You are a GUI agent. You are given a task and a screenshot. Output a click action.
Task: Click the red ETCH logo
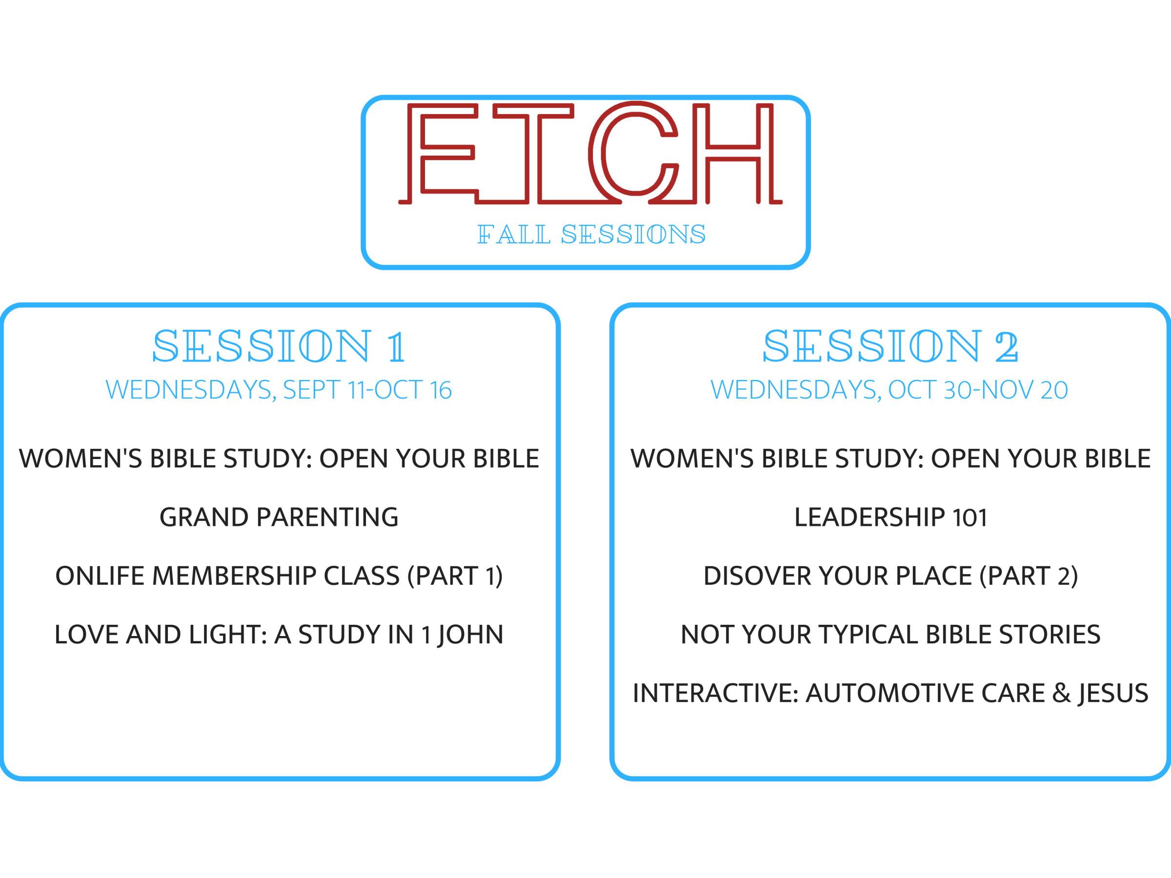590,154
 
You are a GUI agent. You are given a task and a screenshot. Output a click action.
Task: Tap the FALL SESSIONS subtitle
591,235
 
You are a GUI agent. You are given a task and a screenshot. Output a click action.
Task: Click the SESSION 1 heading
280,346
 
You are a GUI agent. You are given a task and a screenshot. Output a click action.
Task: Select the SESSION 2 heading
890,346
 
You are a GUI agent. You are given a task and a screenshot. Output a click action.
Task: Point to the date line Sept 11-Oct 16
279,390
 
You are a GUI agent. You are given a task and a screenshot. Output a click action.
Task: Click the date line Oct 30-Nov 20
889,390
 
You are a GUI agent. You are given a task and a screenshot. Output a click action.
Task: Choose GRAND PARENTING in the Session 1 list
279,517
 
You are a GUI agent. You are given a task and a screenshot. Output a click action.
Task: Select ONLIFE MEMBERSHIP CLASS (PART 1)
279,576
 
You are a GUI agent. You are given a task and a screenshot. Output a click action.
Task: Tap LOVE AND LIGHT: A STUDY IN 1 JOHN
279,635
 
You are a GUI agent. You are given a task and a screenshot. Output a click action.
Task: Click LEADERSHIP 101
890,517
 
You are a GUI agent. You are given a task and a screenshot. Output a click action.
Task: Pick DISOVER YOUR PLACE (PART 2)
890,576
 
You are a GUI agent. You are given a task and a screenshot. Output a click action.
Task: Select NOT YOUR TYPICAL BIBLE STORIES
890,635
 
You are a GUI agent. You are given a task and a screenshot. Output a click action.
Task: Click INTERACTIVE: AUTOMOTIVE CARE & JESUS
890,693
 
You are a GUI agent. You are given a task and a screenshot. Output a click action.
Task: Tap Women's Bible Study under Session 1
279,459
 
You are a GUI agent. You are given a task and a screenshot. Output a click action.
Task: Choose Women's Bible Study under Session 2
890,459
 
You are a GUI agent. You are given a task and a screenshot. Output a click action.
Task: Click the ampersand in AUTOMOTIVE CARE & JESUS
1061,693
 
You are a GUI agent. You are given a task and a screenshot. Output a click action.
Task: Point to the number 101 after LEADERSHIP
970,518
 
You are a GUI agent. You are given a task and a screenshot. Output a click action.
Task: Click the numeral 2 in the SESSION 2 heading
1007,347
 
